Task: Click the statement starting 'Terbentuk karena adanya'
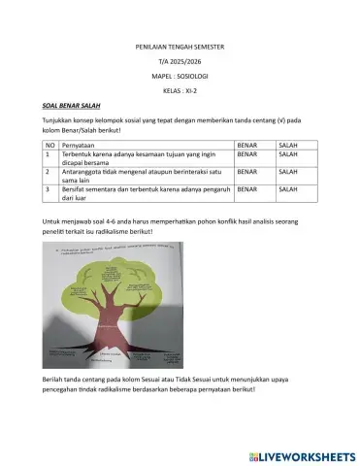point(136,156)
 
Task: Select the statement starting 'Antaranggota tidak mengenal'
point(136,175)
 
